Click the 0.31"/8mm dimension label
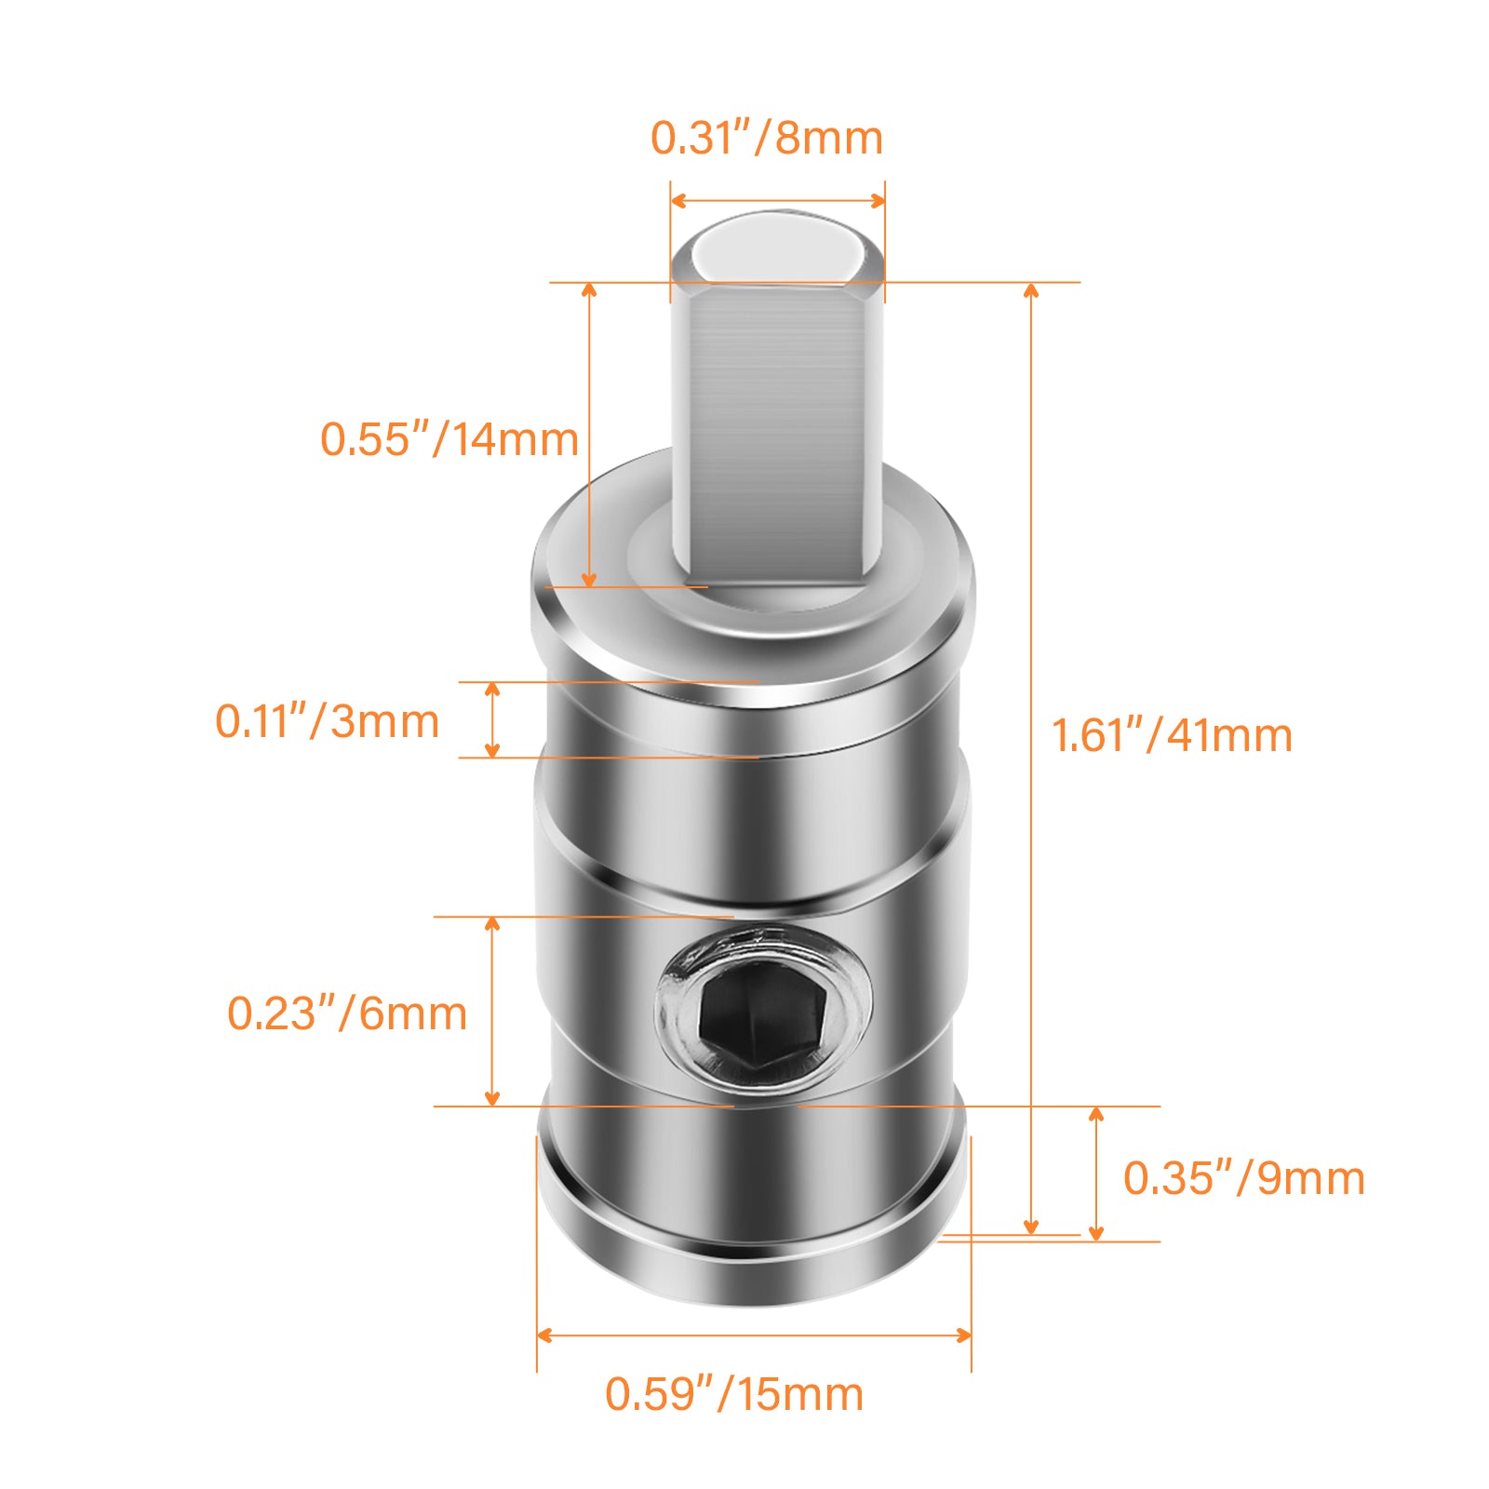coord(767,138)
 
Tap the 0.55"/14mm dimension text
coord(449,439)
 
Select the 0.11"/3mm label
coord(328,721)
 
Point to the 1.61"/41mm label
coord(1172,735)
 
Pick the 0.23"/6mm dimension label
coord(347,1013)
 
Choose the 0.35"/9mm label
coord(1244,1178)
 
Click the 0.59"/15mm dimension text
coord(734,1394)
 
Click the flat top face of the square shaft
coord(775,248)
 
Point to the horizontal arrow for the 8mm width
coord(777,201)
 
